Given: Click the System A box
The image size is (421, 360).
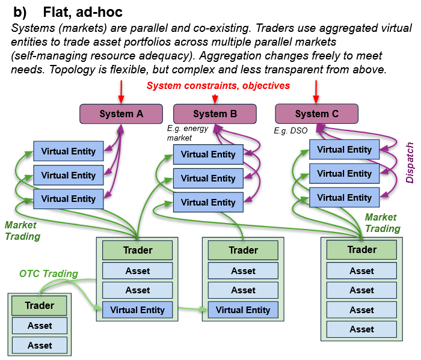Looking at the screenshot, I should click(x=121, y=114).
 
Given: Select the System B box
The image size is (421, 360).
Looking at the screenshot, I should click(x=215, y=114).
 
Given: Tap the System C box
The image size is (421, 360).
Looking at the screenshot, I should click(x=316, y=114).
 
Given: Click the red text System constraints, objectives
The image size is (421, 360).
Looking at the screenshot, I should click(x=218, y=85).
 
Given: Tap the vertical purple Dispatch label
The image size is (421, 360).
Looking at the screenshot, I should click(x=410, y=162).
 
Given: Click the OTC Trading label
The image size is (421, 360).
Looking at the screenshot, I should click(x=49, y=273).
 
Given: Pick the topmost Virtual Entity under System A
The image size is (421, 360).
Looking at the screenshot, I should click(x=68, y=151).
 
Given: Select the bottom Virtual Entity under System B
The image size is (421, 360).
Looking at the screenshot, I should click(x=208, y=203).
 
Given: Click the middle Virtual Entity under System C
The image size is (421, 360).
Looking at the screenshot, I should click(x=344, y=174).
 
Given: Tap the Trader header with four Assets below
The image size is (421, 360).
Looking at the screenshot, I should click(x=361, y=249).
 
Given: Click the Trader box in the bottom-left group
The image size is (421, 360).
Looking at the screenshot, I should click(x=40, y=305).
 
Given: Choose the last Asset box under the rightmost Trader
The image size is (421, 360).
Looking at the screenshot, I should click(x=361, y=329).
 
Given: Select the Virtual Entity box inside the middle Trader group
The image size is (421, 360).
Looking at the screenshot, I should click(x=243, y=310).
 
